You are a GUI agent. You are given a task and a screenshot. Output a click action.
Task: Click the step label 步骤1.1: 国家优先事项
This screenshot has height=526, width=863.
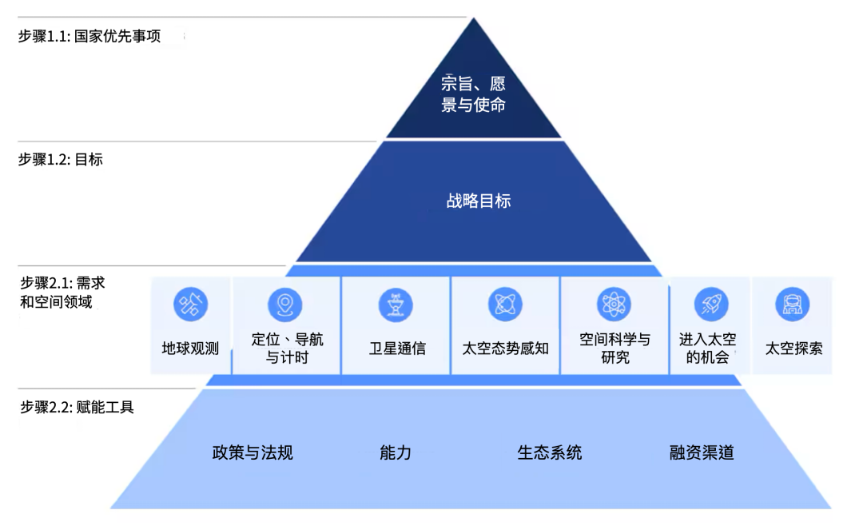coord(89,37)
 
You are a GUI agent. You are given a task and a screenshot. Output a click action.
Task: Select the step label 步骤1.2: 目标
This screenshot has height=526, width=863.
coord(61,159)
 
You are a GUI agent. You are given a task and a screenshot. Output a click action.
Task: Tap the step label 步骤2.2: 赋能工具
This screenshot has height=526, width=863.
coord(78,408)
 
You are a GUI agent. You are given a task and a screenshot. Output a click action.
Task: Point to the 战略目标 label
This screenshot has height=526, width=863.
coord(478,201)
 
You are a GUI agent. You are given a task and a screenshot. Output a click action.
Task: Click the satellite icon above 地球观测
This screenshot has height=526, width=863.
coord(190,305)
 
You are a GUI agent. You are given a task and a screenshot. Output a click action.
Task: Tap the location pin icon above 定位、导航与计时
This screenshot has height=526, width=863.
coord(284,305)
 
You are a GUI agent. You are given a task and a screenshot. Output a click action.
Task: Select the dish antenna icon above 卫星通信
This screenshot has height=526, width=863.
coord(396,305)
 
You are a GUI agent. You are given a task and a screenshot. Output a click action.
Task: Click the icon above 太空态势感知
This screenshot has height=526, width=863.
coord(505,305)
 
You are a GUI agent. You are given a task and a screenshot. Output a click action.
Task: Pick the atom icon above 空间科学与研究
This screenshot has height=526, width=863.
coord(614,305)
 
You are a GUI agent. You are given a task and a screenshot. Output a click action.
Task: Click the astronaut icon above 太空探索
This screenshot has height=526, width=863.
coord(792,305)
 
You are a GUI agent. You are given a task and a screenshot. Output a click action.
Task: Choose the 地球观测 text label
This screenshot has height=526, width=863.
coord(190,349)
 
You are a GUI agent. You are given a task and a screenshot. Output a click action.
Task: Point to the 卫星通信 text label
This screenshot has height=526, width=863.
coord(397,349)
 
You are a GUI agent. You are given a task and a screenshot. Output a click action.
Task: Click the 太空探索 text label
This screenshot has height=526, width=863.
coord(793,349)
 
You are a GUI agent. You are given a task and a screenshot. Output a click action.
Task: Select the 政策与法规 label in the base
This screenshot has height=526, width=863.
coord(253,452)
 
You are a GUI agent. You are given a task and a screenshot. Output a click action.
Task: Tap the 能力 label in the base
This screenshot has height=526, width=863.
coord(396,452)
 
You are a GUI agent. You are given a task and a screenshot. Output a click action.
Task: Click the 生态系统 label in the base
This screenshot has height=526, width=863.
coord(550,452)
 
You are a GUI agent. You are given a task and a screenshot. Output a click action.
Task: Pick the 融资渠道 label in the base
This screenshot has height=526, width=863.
coord(702,452)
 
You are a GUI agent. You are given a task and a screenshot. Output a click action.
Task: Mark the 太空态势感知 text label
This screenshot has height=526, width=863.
coord(506,349)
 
